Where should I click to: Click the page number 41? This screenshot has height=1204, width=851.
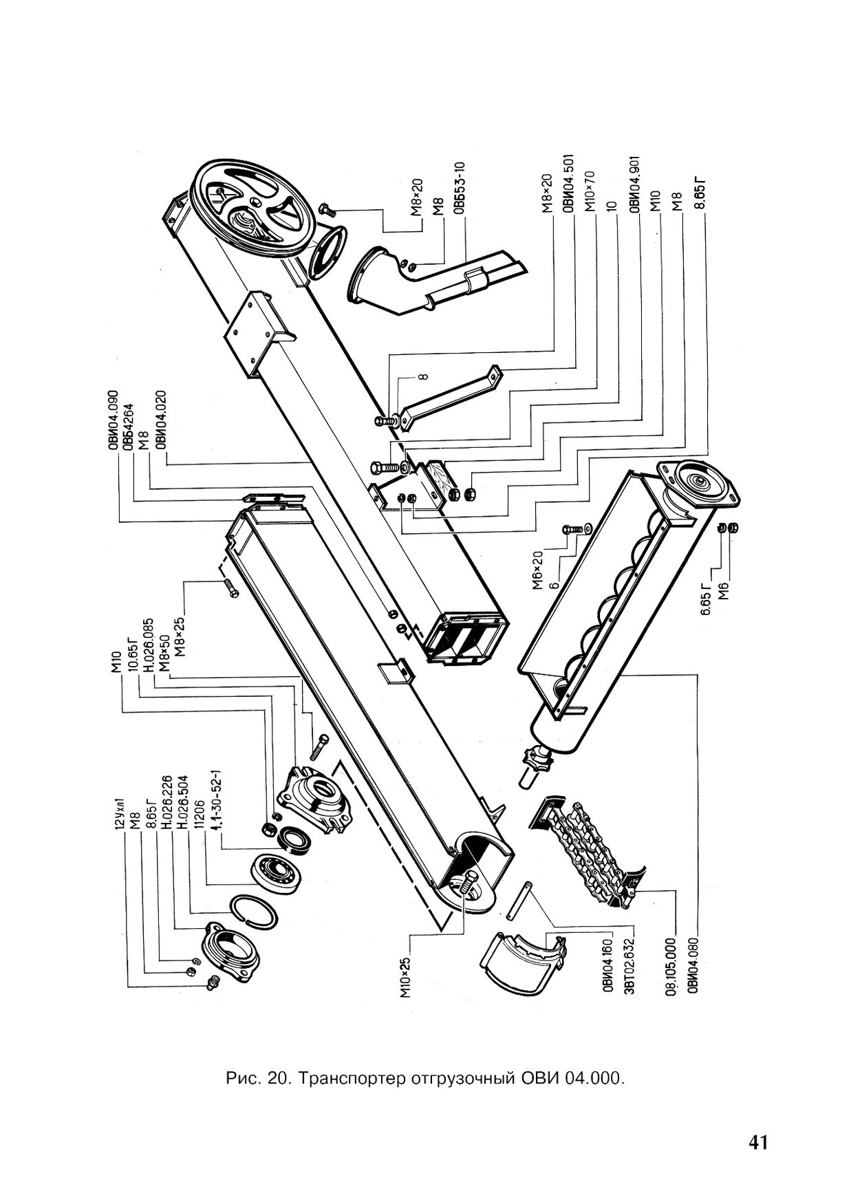757,1143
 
